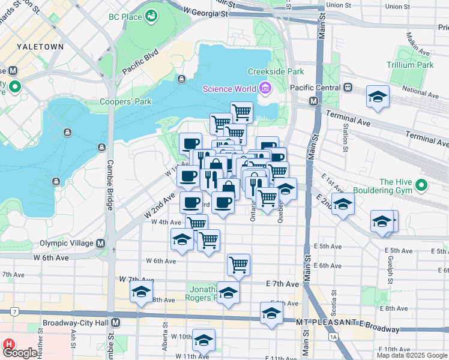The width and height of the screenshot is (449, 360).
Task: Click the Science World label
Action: [229, 89]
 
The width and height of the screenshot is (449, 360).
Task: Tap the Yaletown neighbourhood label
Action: [37, 46]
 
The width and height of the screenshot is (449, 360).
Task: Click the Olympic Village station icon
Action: [100, 244]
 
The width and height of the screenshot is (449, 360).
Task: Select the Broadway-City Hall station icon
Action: [116, 323]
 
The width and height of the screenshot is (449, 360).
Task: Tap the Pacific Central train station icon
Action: [348, 88]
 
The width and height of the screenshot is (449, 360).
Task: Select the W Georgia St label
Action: [206, 12]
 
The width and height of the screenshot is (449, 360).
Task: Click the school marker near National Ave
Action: [378, 97]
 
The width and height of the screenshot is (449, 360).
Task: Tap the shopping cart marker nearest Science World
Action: [241, 112]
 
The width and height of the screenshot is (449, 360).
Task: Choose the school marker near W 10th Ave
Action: [203, 340]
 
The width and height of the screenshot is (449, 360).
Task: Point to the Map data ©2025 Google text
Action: [411, 355]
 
